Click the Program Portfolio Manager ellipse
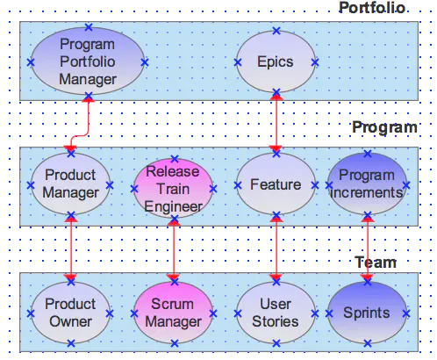pos(88,61)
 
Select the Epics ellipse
pos(276,61)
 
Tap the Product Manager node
pos(71,184)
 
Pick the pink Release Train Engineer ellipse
pos(174,189)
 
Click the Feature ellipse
pos(276,184)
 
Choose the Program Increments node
pos(368,184)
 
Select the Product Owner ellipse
pos(71,313)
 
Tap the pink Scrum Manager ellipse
pos(174,313)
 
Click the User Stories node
pos(276,313)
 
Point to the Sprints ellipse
pos(368,313)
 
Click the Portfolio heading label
pos(372,8)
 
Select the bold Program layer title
pos(384,127)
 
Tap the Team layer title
pos(376,263)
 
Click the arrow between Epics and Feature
pos(276,123)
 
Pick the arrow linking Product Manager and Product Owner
pos(71,248)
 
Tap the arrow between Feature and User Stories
pos(276,248)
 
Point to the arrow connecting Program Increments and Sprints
pos(368,248)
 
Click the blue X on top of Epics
pos(276,31)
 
